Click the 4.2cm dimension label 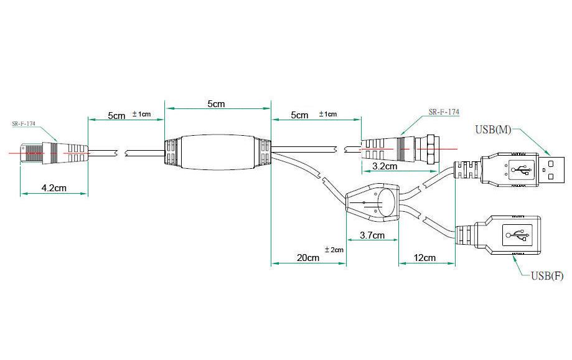tap(54, 188)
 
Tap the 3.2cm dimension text tap(385, 166)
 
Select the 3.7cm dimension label tap(372, 235)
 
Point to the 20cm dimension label tap(308, 258)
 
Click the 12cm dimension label tap(424, 258)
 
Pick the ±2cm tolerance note tap(334, 250)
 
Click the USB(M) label tap(493, 130)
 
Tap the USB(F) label tap(547, 276)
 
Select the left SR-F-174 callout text tap(24, 124)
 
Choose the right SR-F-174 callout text tap(444, 111)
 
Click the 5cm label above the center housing tap(217, 103)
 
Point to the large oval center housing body tap(218, 152)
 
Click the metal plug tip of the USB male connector tap(551, 170)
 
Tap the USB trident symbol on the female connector tap(517, 235)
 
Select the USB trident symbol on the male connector tap(521, 169)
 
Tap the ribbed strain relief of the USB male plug tap(467, 170)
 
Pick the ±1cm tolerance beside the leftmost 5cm tap(141, 114)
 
